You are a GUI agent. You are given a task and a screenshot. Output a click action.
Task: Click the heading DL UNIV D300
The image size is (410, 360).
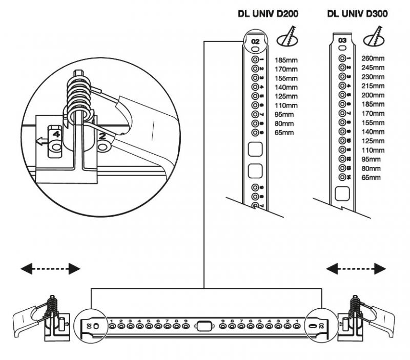357,14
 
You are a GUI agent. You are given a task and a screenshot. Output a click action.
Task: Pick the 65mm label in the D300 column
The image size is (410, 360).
371,178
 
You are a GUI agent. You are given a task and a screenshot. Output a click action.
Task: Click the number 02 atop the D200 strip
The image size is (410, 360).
255,40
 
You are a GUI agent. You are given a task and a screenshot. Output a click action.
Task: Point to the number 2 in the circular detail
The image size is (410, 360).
102,136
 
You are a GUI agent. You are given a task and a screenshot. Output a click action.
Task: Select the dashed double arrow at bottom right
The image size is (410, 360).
357,268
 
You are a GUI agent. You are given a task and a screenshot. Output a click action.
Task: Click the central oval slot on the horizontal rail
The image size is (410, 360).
204,325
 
